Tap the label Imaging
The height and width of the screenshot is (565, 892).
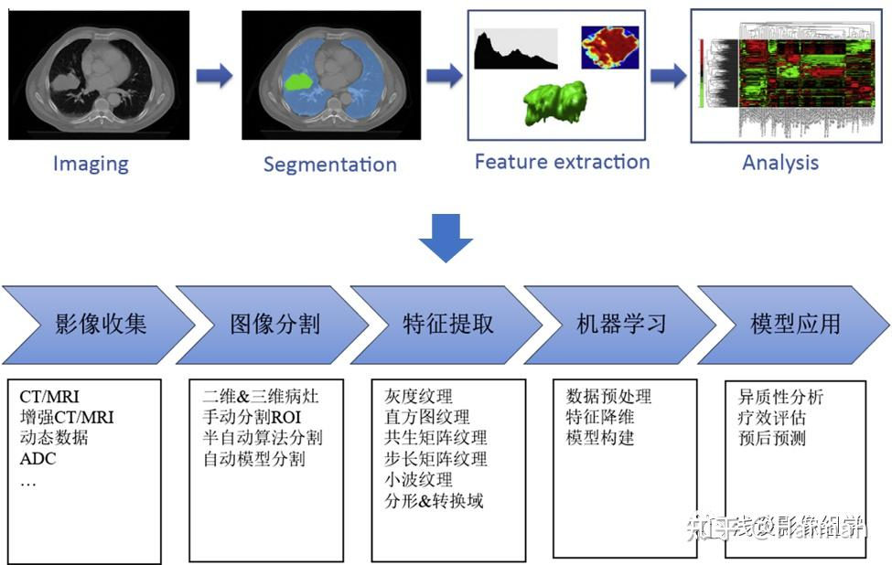[x=91, y=164]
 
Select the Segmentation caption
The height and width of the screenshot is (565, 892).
[x=329, y=165]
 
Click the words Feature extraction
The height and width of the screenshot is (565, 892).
[x=562, y=162]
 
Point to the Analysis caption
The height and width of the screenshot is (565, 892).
[x=779, y=163]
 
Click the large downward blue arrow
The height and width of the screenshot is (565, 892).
[x=446, y=236]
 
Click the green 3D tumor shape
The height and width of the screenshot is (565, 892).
[x=554, y=103]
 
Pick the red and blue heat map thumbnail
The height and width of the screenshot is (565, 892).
[x=610, y=47]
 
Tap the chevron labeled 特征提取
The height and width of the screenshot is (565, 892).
[x=446, y=325]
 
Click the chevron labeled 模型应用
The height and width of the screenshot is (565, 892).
[x=794, y=325]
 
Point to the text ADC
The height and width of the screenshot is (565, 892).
[x=38, y=458]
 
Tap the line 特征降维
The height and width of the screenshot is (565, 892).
[x=599, y=418]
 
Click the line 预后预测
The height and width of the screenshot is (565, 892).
[x=771, y=438]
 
